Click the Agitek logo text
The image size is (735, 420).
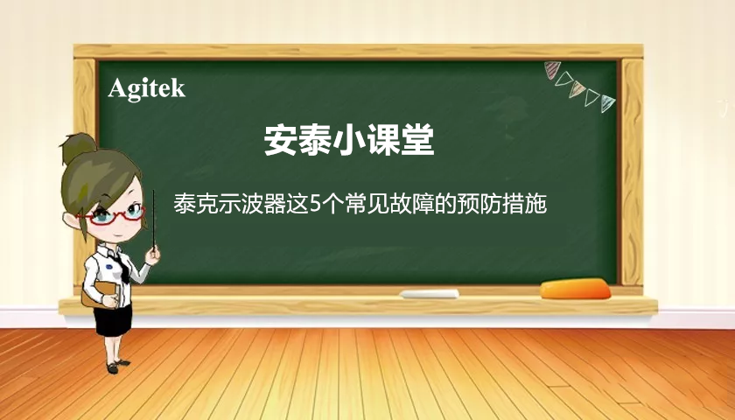point(147,88)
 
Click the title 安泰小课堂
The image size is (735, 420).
point(349,140)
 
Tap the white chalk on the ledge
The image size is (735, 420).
point(430,294)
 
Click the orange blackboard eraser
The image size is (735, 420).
point(574,288)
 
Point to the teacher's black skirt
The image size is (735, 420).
point(114,318)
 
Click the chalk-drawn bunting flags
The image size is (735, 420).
point(579,86)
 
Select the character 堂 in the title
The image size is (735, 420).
point(418,140)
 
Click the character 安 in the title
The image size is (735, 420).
point(280,140)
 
